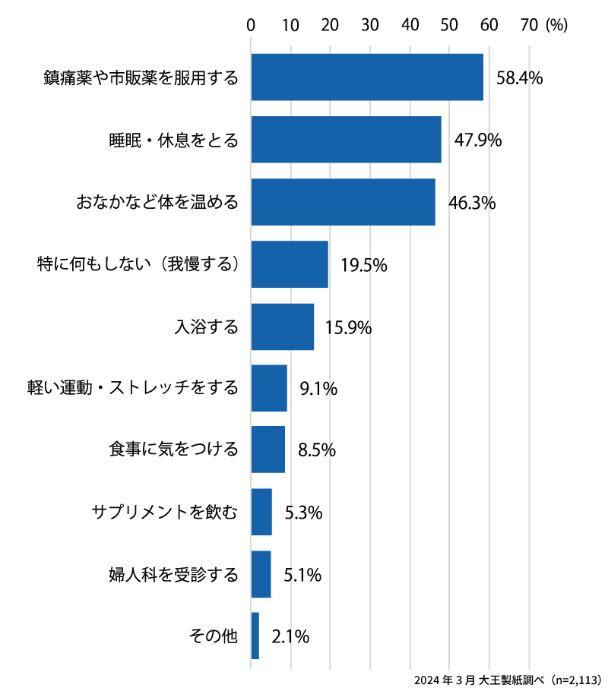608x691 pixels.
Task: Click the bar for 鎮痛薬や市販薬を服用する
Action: pyautogui.click(x=367, y=77)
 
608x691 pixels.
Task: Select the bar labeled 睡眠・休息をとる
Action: pyautogui.click(x=346, y=140)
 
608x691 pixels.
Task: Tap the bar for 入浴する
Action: pyautogui.click(x=282, y=327)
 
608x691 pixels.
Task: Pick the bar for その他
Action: pyautogui.click(x=255, y=636)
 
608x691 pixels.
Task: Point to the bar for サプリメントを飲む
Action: pyautogui.click(x=261, y=512)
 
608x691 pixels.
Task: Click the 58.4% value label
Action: pyautogui.click(x=519, y=77)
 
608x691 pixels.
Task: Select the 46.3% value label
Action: pyautogui.click(x=472, y=203)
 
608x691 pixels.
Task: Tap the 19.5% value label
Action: pyautogui.click(x=364, y=265)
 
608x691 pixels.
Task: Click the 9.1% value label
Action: pyautogui.click(x=318, y=389)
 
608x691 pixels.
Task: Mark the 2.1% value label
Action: pyautogui.click(x=290, y=636)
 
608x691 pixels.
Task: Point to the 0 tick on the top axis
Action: pyautogui.click(x=251, y=25)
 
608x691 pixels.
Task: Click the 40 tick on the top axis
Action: pyautogui.click(x=410, y=25)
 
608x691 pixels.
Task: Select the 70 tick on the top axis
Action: pyautogui.click(x=529, y=25)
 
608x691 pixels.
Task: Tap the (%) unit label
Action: pyautogui.click(x=556, y=25)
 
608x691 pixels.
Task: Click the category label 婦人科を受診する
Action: pyautogui.click(x=174, y=574)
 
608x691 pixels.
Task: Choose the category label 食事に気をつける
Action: pyautogui.click(x=174, y=450)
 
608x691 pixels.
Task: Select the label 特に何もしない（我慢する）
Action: pyautogui.click(x=138, y=265)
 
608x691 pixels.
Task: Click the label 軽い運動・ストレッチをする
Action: pyautogui.click(x=132, y=389)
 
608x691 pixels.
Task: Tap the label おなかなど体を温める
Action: pyautogui.click(x=157, y=203)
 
